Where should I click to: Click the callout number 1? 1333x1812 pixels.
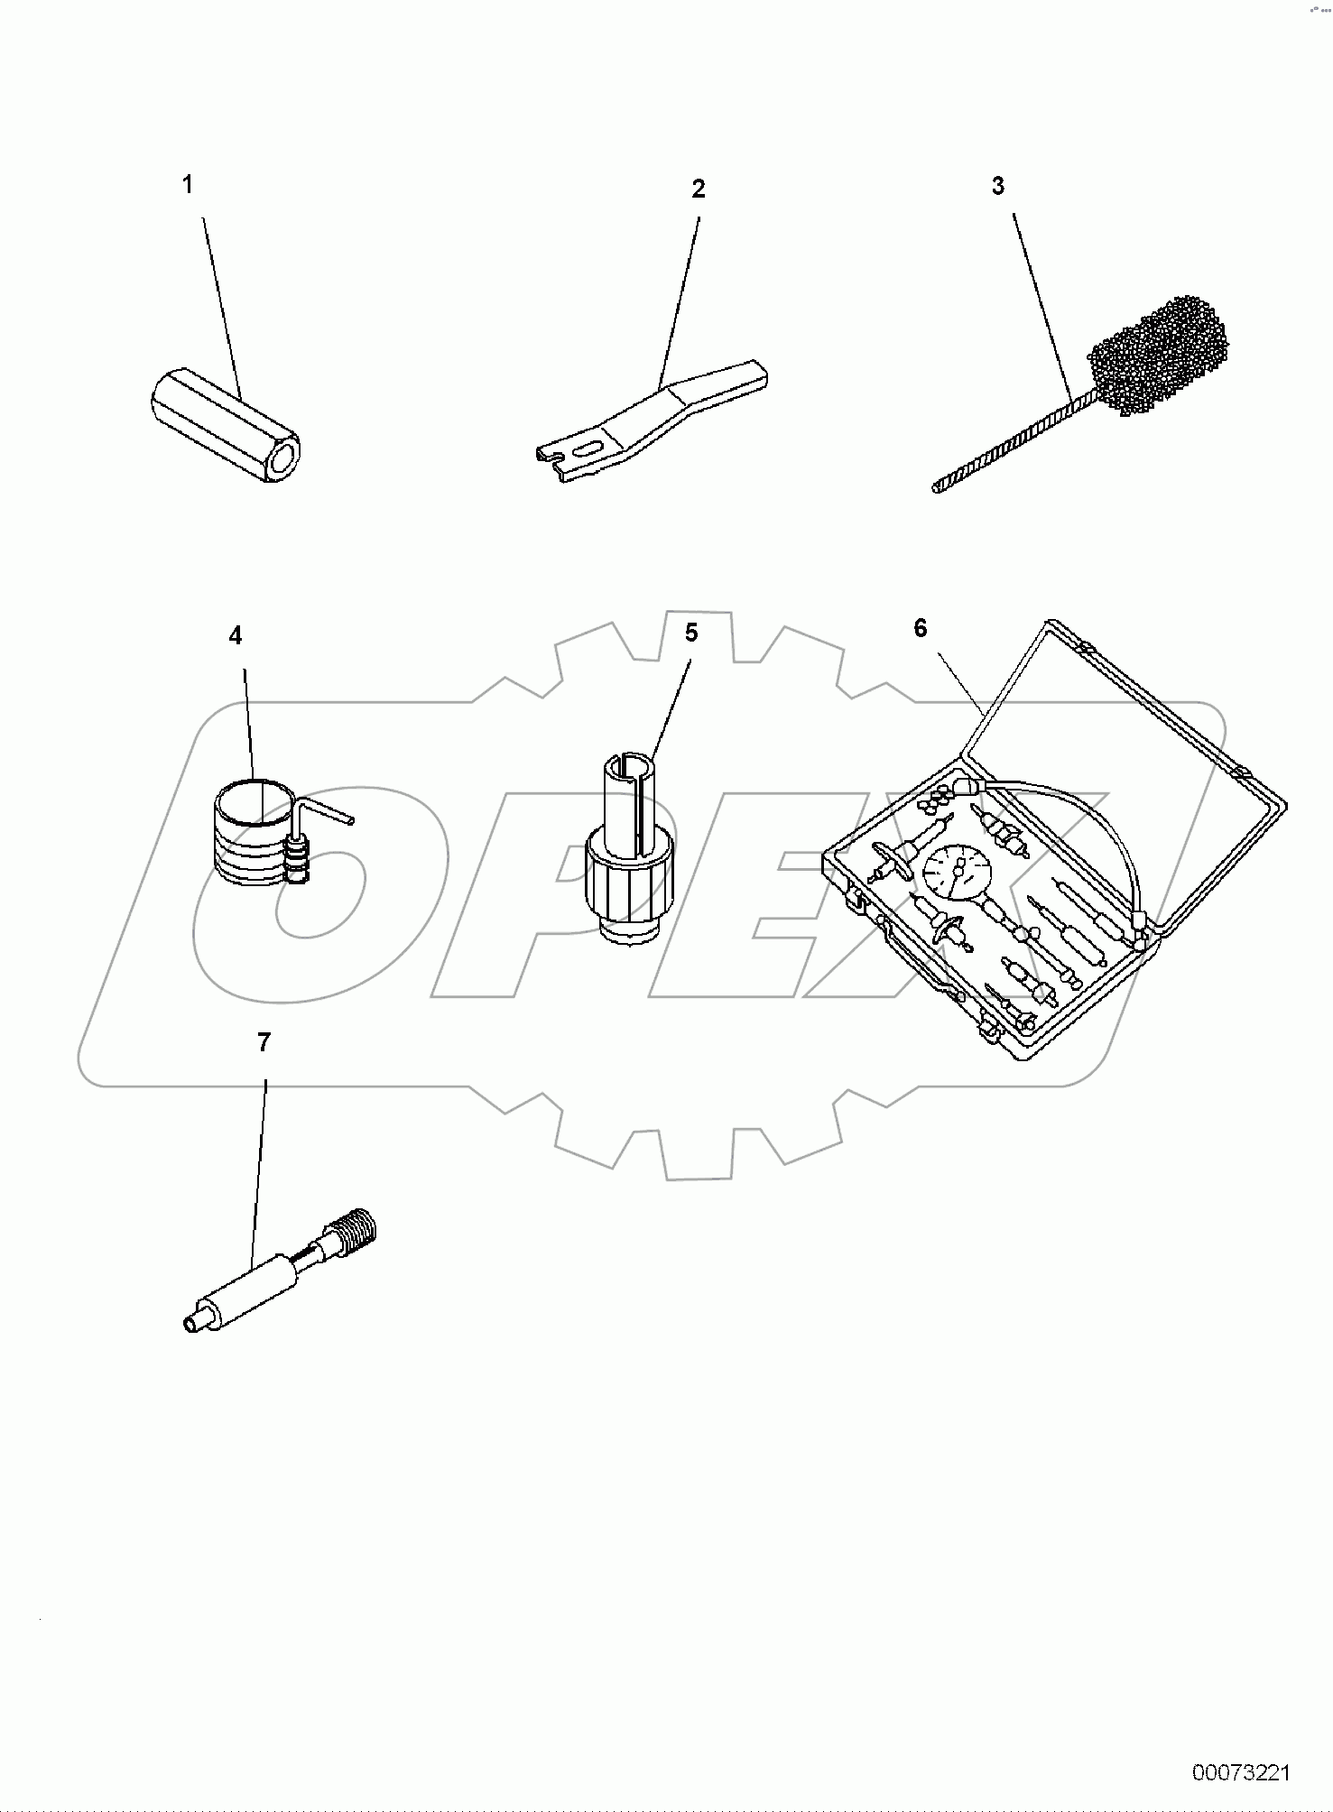(187, 185)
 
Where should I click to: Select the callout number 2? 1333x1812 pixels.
(698, 189)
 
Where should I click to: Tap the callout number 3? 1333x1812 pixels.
(997, 186)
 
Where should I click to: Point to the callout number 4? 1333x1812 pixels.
(236, 636)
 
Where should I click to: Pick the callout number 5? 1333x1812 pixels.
(690, 633)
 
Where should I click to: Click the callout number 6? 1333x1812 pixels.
(920, 628)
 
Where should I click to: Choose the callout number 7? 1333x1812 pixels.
(264, 1043)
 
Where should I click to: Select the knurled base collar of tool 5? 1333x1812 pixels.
(630, 885)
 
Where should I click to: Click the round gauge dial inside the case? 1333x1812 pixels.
(955, 870)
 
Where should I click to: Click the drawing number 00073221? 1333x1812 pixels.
(1241, 1773)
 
